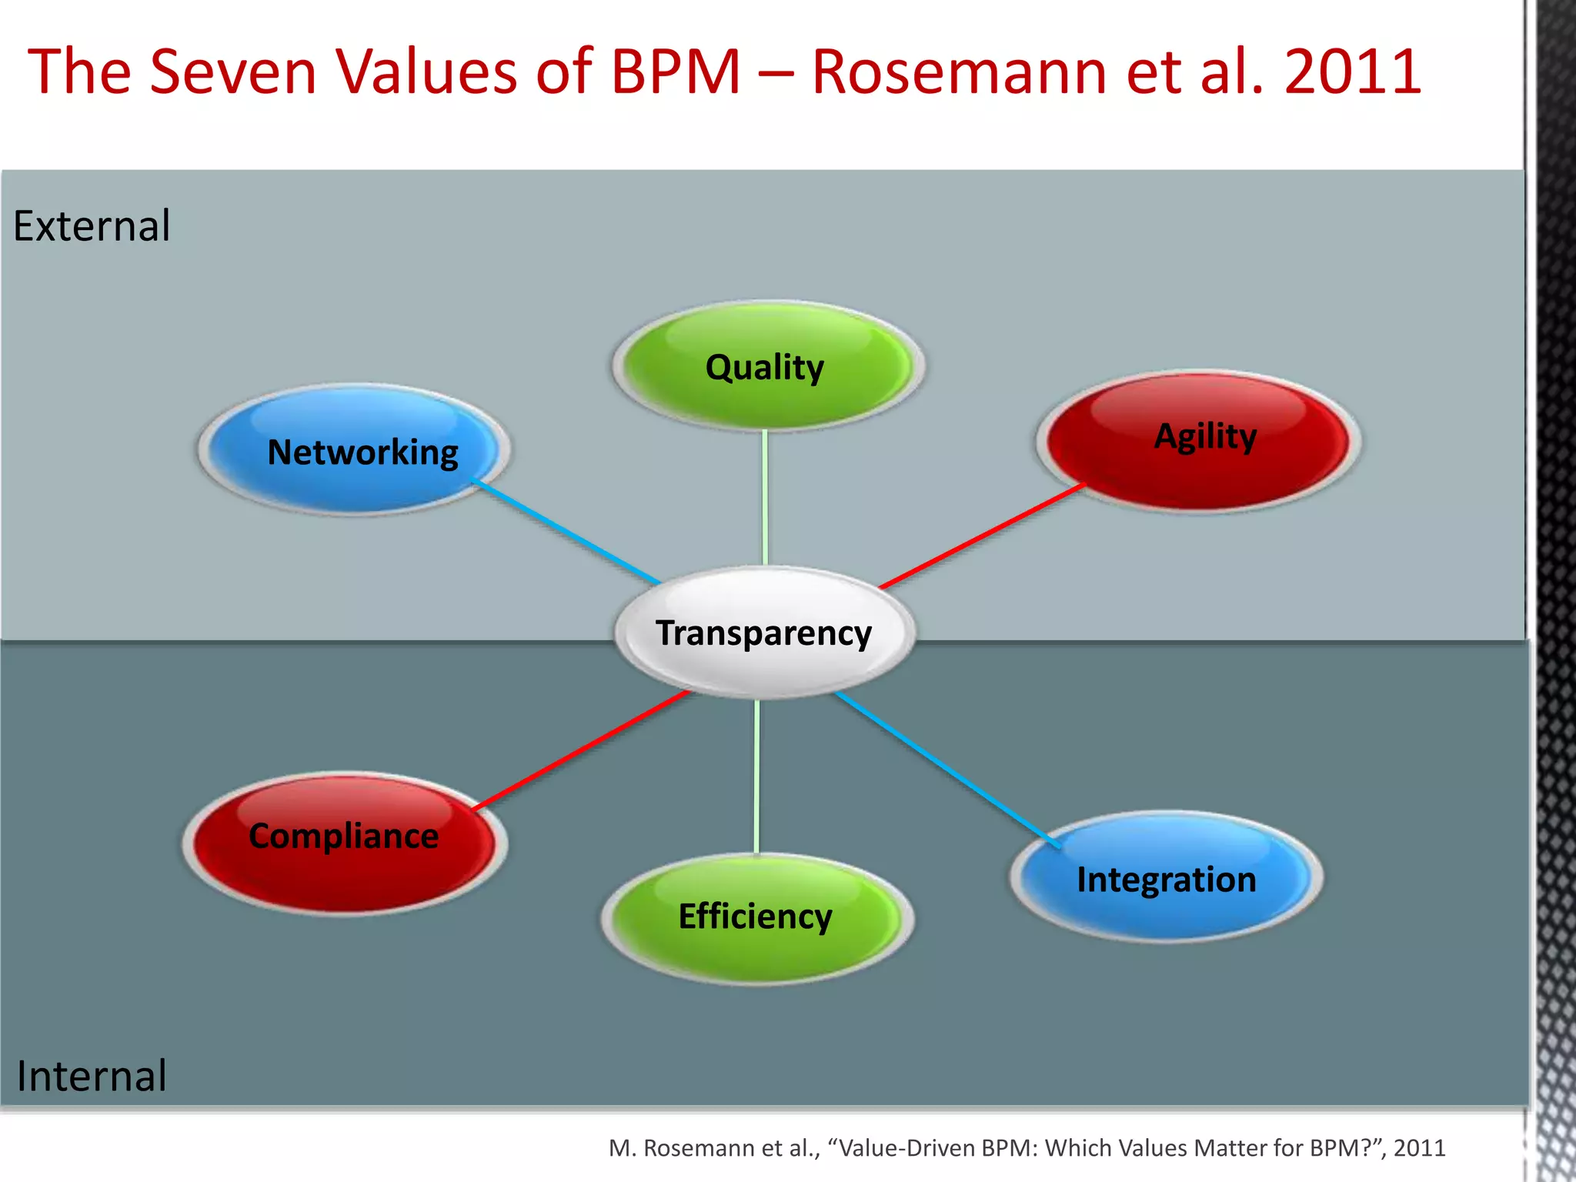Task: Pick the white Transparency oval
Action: [x=763, y=633]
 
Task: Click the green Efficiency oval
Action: [x=756, y=917]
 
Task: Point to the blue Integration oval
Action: [x=1165, y=877]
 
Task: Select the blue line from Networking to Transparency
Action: [x=566, y=531]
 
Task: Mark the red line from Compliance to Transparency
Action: [x=582, y=750]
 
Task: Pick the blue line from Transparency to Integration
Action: [x=948, y=770]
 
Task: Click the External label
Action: [x=92, y=226]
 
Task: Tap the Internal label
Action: [x=92, y=1075]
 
